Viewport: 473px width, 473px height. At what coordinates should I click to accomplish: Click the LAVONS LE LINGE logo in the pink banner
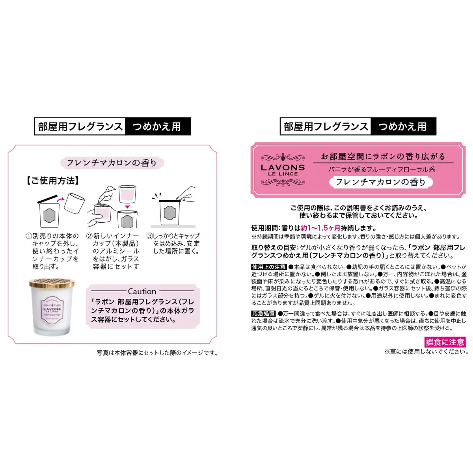[283, 169]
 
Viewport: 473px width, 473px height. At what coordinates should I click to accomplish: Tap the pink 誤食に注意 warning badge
[445, 342]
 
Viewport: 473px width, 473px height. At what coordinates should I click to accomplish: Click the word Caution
[142, 291]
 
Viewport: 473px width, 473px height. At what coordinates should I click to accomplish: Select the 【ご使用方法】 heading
[53, 181]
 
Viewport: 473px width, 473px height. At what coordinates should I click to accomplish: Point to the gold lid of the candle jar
[52, 283]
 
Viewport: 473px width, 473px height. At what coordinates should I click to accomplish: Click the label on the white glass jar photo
[52, 310]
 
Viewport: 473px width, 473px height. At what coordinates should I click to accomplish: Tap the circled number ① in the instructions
[29, 236]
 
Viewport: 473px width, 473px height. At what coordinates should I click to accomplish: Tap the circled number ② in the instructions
[89, 236]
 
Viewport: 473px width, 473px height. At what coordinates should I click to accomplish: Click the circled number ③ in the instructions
[150, 236]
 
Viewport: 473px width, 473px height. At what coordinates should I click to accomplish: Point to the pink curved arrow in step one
[60, 199]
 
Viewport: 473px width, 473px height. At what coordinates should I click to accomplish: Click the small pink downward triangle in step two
[127, 207]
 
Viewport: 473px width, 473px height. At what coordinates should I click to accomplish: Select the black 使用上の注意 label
[269, 267]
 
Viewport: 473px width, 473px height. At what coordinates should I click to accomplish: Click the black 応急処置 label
[264, 313]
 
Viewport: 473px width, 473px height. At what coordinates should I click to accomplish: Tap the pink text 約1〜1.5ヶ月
[320, 228]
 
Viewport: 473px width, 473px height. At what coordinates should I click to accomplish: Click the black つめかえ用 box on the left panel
[158, 127]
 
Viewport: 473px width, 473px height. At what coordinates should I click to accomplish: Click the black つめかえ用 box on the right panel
[403, 127]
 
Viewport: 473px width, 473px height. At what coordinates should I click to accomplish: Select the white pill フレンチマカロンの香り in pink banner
[381, 182]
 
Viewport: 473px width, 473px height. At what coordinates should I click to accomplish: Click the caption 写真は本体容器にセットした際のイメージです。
[157, 353]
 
